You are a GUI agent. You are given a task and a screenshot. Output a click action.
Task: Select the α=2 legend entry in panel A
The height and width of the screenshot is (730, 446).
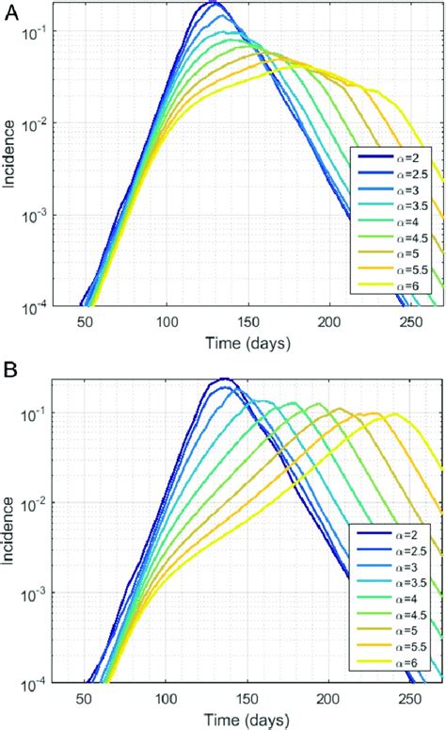(x=393, y=157)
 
